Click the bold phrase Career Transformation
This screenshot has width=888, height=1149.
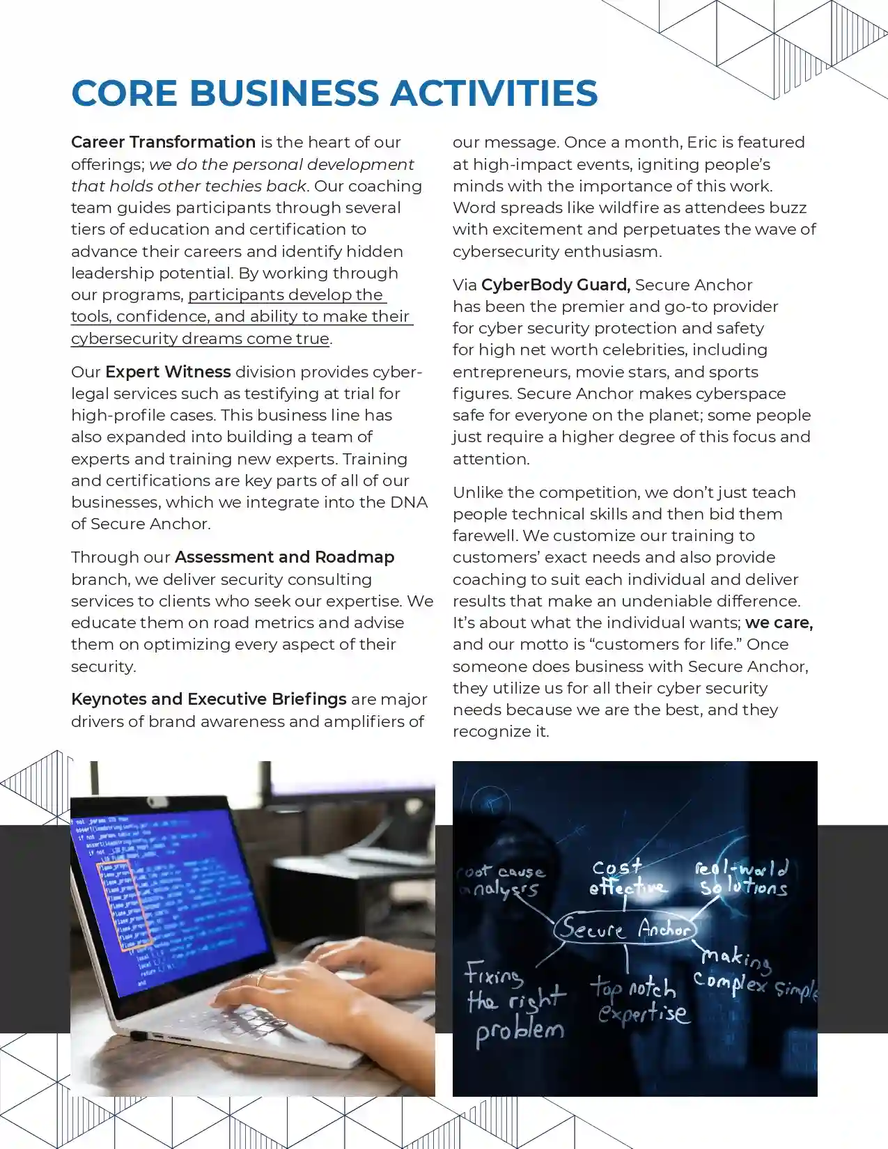(163, 142)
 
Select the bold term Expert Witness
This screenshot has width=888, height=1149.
(168, 372)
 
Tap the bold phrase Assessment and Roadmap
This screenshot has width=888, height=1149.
(284, 557)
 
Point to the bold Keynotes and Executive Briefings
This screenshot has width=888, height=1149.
(208, 699)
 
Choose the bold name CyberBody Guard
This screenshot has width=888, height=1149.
(555, 285)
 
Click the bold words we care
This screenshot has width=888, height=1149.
(779, 623)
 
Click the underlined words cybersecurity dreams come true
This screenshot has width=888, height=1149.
(200, 338)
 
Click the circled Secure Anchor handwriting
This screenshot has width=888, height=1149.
(625, 928)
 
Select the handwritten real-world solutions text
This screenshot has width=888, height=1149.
(742, 877)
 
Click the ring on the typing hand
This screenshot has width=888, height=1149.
(260, 978)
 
